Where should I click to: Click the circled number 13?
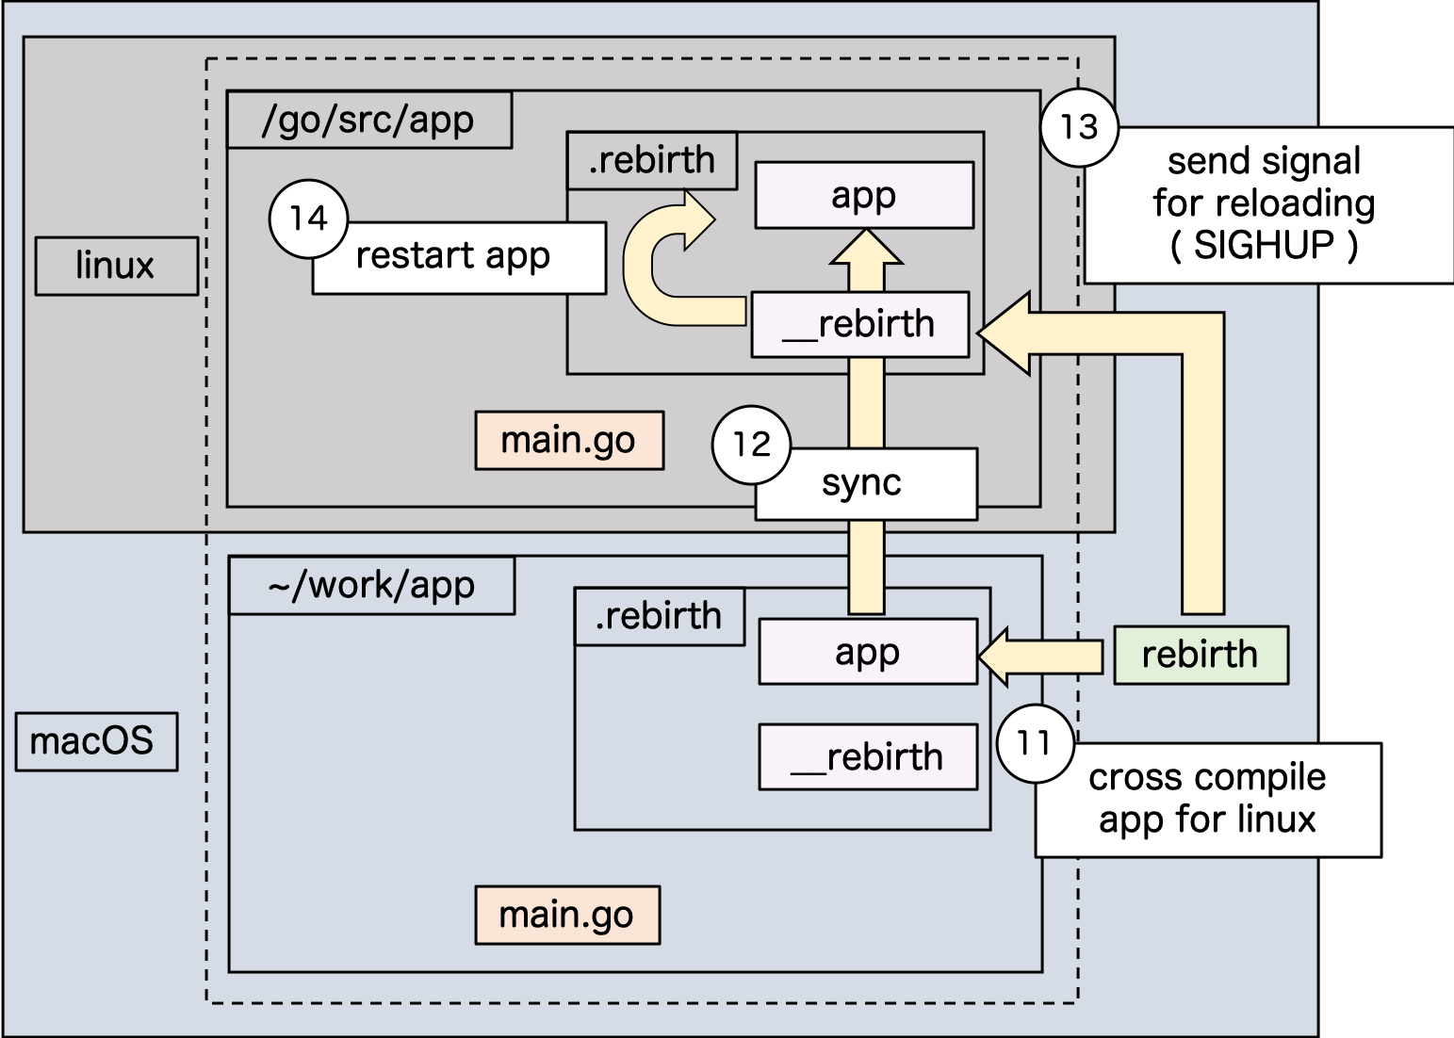point(1079,127)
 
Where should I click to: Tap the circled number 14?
point(308,219)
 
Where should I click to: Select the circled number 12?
point(751,445)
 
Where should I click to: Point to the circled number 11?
point(1035,743)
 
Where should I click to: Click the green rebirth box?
point(1201,655)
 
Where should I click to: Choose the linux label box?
point(116,267)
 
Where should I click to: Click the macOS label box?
point(96,741)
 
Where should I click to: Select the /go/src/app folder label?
point(368,121)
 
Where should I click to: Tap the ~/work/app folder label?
point(371,586)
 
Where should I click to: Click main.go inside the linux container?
point(568,440)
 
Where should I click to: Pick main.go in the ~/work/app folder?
point(566,915)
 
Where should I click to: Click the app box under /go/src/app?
point(863,195)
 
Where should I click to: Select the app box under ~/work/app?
point(867,651)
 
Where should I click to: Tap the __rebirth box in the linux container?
point(859,325)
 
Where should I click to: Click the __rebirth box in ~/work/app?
point(867,757)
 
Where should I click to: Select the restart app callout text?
point(453,256)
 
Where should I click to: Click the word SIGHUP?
point(1264,246)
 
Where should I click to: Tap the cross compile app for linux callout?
point(1207,799)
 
